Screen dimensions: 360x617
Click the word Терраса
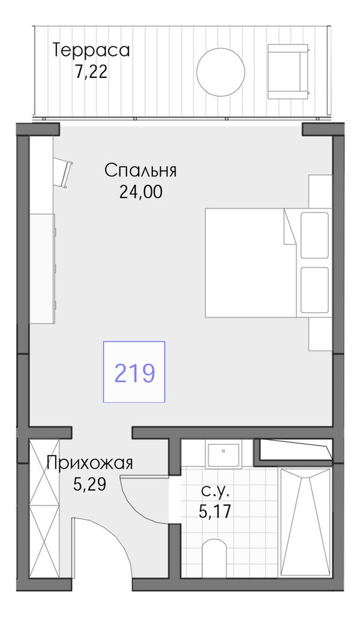(91, 52)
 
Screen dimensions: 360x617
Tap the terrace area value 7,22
(91, 72)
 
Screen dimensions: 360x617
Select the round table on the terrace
(221, 72)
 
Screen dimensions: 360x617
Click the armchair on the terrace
(289, 71)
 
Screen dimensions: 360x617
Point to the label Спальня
(140, 171)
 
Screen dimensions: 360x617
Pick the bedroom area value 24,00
(140, 192)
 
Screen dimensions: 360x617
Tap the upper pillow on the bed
(314, 235)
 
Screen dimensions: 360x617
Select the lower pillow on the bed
(314, 290)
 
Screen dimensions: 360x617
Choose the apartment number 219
(134, 372)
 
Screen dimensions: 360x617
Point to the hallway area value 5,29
(90, 484)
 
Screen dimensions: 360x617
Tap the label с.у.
(215, 492)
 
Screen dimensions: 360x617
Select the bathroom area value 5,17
(215, 511)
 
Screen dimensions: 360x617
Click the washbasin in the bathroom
(223, 455)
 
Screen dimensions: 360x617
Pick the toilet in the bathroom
(214, 558)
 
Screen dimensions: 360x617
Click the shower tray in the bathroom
(304, 522)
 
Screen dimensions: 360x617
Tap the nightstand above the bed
(320, 191)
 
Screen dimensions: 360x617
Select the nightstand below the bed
(320, 333)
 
